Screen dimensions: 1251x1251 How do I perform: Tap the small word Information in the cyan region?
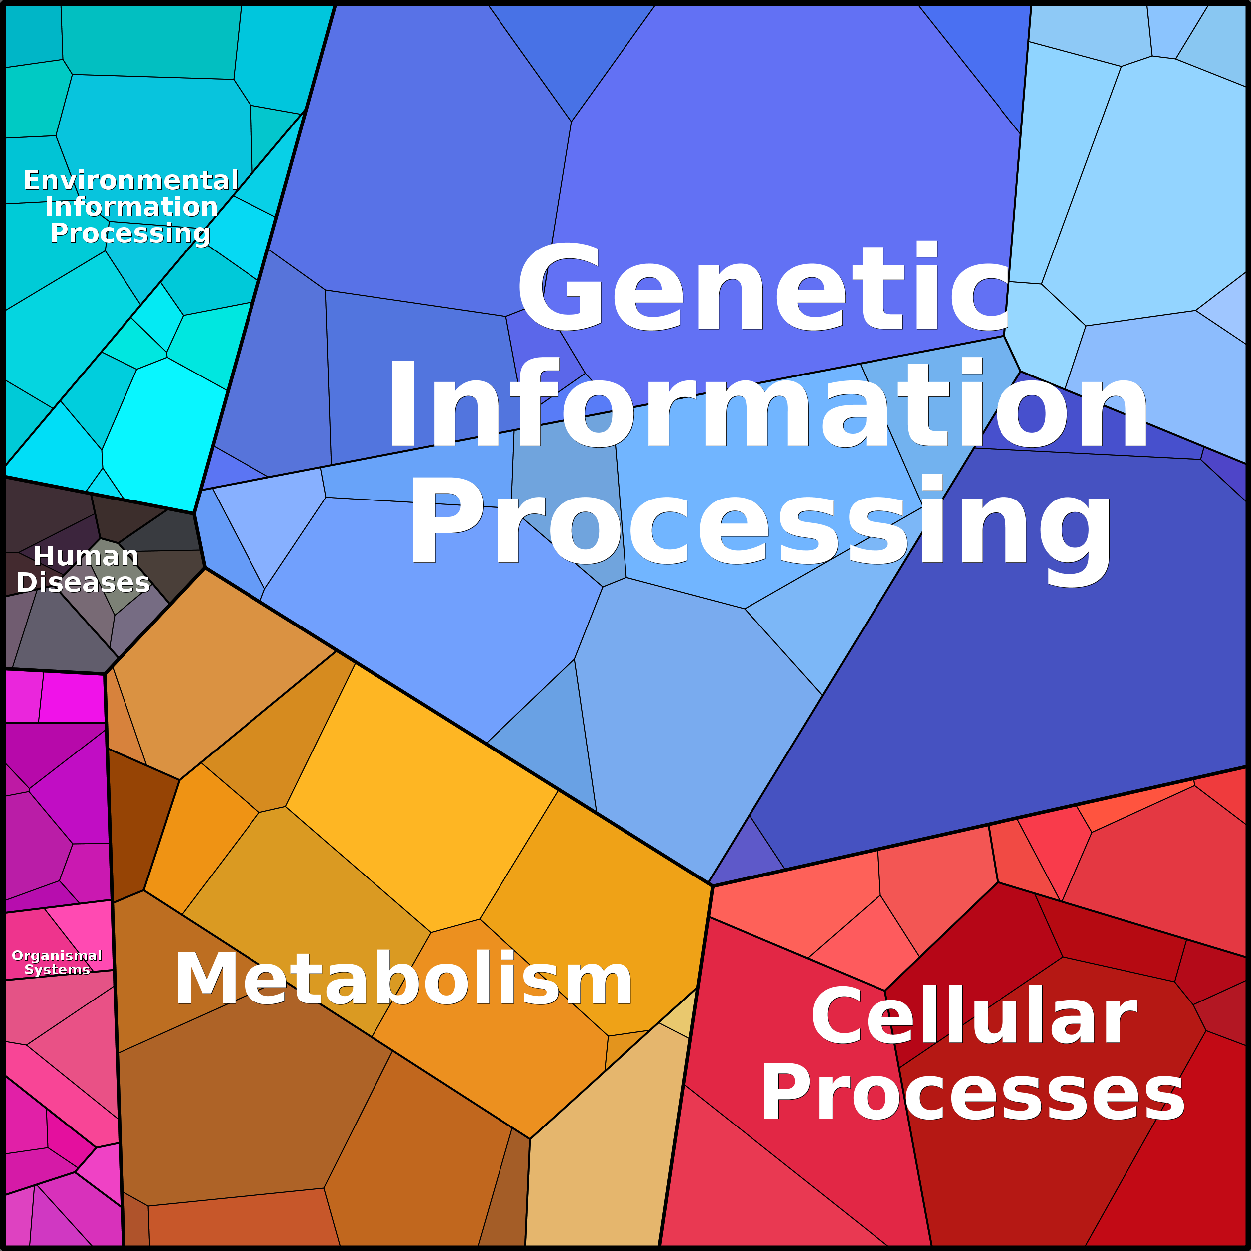pyautogui.click(x=131, y=207)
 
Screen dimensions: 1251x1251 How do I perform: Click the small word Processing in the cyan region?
pyautogui.click(x=130, y=234)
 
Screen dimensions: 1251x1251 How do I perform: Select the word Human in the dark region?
pyautogui.click(x=86, y=556)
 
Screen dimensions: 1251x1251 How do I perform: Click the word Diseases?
pyautogui.click(x=84, y=582)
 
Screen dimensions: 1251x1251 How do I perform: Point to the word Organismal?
pyautogui.click(x=57, y=956)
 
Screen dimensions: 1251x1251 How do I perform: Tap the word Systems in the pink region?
pyautogui.click(x=57, y=969)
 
